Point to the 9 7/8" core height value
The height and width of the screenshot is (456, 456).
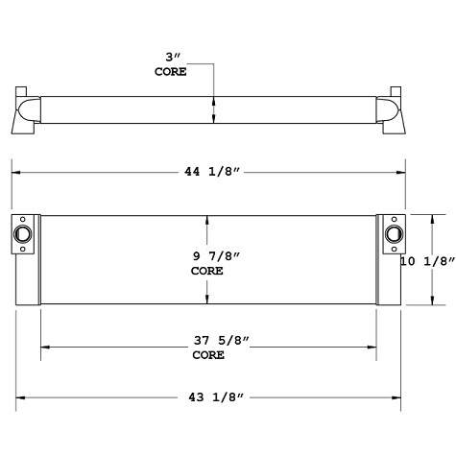coord(207,257)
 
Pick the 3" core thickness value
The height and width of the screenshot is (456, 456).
coord(171,58)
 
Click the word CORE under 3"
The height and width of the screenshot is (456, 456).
coord(171,71)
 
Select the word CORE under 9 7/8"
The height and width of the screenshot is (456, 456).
coord(207,272)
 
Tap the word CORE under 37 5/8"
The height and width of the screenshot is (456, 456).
coord(207,355)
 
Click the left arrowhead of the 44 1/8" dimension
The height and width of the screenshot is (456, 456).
coord(15,172)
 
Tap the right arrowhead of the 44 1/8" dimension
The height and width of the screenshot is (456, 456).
coord(402,172)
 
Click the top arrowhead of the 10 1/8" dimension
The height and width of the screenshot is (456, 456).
coord(416,216)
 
